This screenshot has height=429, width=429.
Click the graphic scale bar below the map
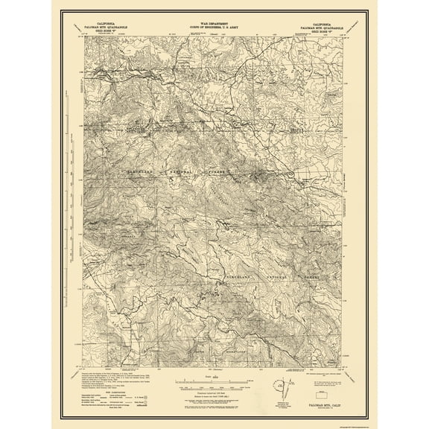click(214, 387)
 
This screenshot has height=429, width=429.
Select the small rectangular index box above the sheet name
click(325, 390)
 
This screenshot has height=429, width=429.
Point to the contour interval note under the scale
click(214, 395)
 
